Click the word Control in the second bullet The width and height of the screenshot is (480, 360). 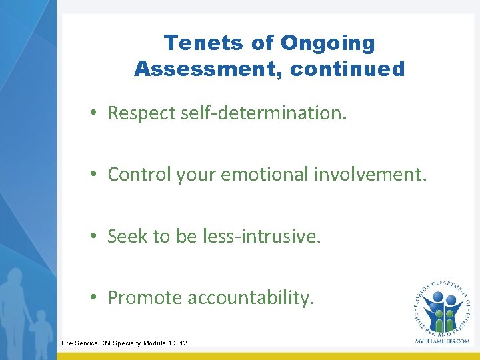click(139, 174)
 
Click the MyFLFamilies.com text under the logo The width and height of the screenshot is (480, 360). click(442, 341)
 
